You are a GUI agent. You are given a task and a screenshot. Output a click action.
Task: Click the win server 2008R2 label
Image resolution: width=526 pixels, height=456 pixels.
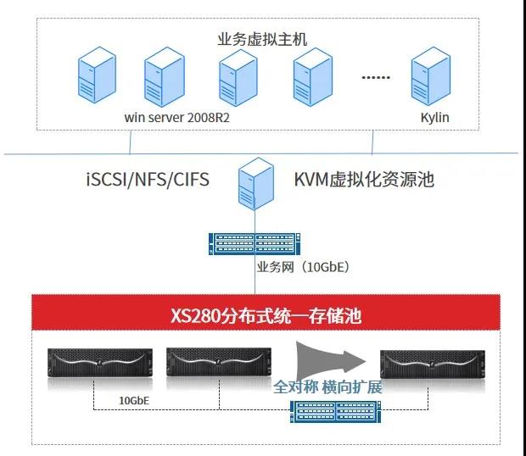click(176, 117)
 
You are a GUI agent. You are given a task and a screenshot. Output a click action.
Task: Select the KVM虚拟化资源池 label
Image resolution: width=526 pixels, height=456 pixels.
click(362, 180)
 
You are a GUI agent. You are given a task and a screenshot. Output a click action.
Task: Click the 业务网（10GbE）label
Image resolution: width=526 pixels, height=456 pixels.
click(303, 267)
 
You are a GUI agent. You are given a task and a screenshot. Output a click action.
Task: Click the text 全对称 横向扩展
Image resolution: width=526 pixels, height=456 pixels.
click(327, 386)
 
